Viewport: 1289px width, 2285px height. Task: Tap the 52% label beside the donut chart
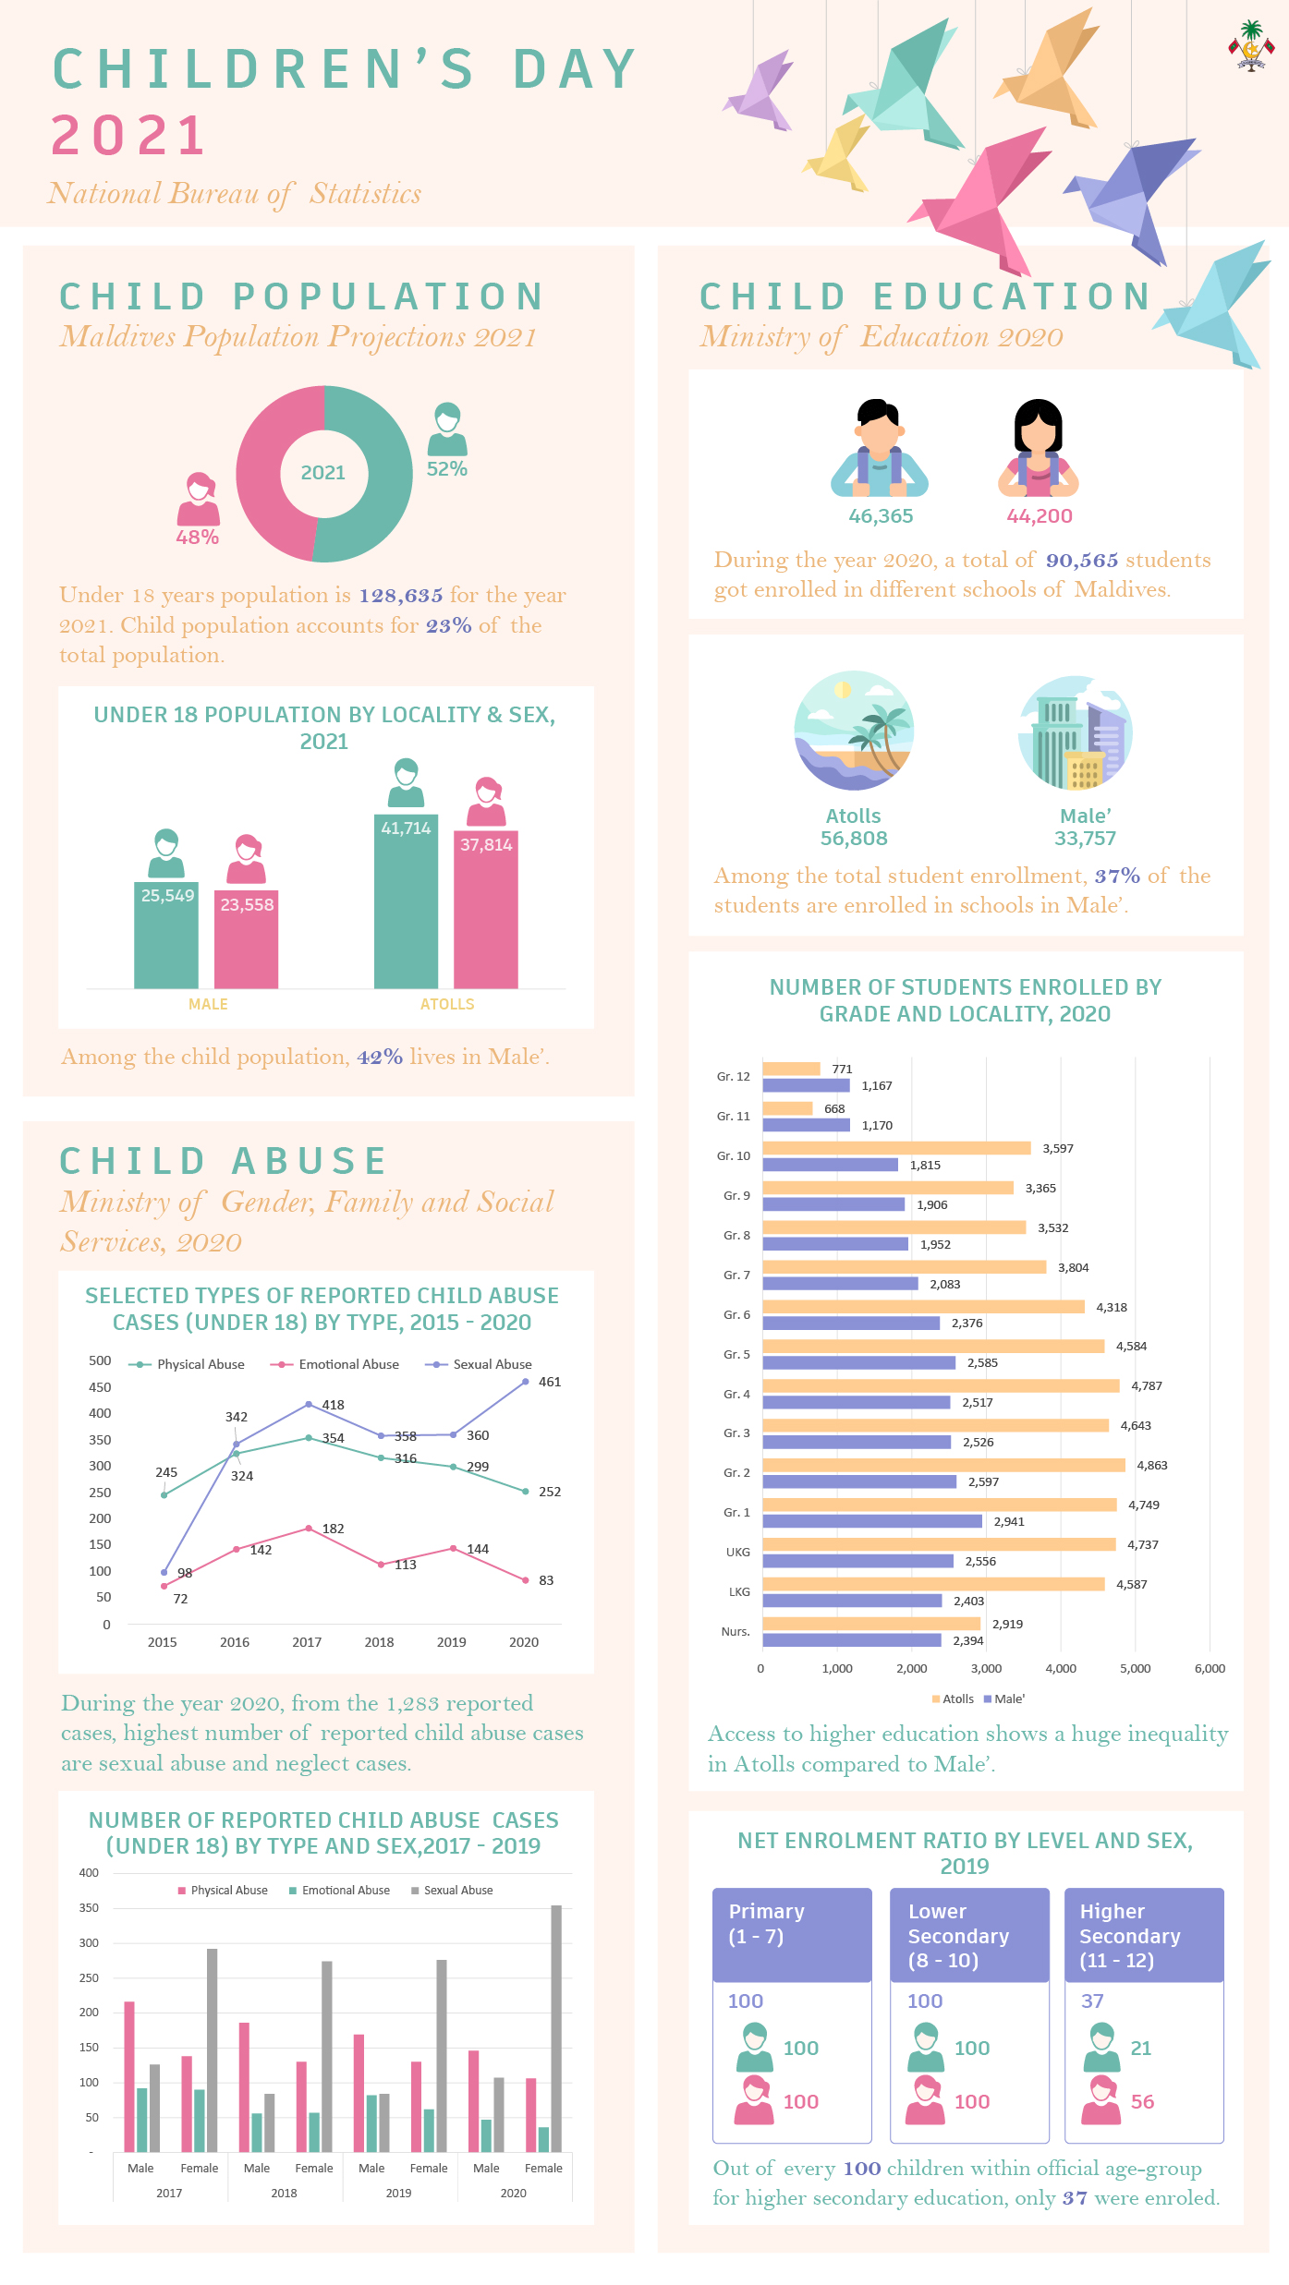pos(447,469)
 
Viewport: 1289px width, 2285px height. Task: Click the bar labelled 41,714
pos(406,901)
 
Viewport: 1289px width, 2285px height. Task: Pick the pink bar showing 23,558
pos(246,938)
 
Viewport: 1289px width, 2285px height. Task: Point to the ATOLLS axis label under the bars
pos(447,1004)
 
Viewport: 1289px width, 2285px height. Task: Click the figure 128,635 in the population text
pos(401,596)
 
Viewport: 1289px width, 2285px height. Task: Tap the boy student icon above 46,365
pos(879,448)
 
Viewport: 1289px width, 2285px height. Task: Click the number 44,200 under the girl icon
pos(1040,516)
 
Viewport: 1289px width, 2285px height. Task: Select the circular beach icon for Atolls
pos(854,730)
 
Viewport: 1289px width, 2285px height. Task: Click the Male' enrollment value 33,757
pos(1085,839)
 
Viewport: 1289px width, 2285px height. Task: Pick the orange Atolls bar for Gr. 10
pos(896,1148)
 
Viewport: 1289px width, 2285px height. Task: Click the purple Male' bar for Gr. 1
pos(872,1521)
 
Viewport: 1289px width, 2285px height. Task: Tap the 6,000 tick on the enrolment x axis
pos(1210,1669)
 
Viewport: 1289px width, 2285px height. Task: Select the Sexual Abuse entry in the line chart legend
pos(478,1364)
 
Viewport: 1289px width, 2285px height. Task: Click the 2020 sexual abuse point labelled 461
pos(526,1382)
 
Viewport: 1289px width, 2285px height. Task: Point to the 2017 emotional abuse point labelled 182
pos(309,1529)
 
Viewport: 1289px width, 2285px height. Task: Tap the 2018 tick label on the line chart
pos(379,1642)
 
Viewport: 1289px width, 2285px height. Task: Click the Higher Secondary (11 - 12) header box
pos(1144,1935)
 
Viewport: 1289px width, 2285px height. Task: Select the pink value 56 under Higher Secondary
pos(1142,2101)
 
